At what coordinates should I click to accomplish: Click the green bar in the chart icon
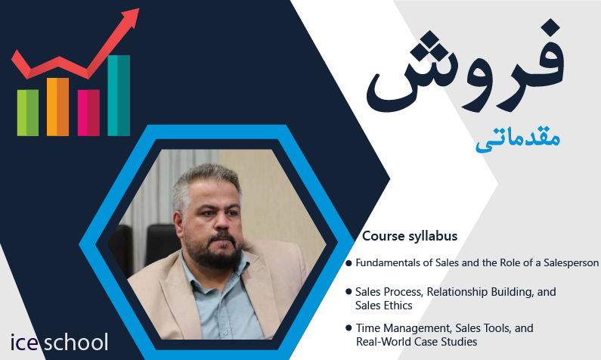[x=28, y=113]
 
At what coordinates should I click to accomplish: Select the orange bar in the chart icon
[x=57, y=107]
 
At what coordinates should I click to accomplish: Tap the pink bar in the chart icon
[x=88, y=113]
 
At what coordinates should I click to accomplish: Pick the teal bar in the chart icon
[x=119, y=95]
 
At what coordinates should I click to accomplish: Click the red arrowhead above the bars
[x=131, y=17]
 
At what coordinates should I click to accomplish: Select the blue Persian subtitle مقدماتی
[x=518, y=139]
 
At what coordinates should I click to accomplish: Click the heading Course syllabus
[x=410, y=236]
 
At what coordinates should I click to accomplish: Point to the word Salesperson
[x=571, y=263]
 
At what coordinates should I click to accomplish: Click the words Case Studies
[x=445, y=342]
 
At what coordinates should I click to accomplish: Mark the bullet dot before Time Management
[x=349, y=327]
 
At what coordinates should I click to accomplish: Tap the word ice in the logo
[x=23, y=343]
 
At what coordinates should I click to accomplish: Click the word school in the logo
[x=76, y=342]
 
